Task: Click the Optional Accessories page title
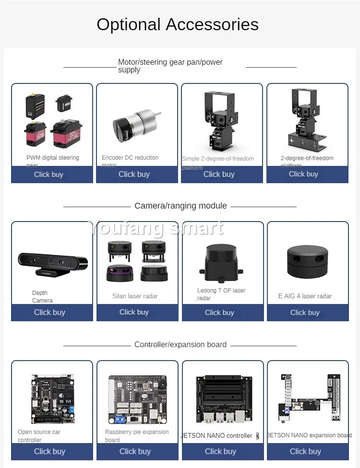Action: click(x=178, y=24)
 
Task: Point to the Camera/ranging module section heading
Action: click(x=180, y=206)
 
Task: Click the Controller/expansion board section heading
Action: click(x=180, y=345)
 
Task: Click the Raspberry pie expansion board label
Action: click(x=137, y=436)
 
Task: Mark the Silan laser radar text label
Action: click(x=135, y=296)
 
